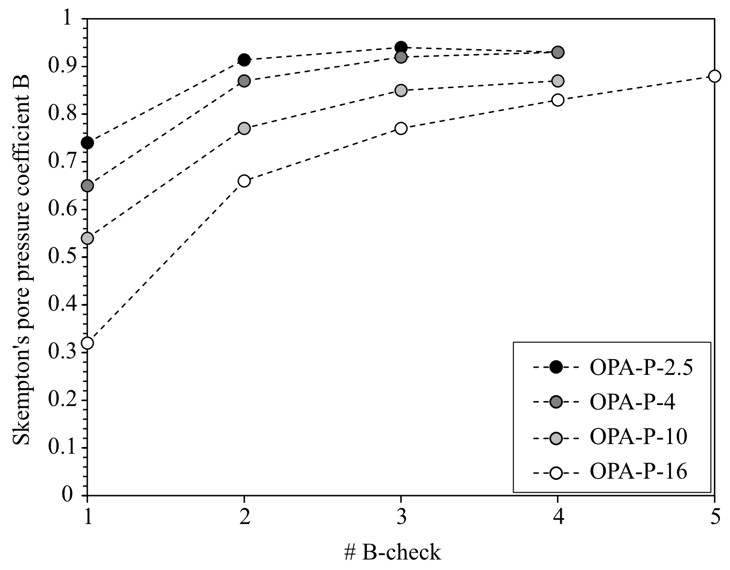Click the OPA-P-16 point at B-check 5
[714, 76]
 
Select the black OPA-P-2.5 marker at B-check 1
[87, 143]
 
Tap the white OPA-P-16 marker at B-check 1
[87, 343]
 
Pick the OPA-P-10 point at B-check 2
[244, 128]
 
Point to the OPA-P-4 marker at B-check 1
[87, 186]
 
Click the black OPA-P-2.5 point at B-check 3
[401, 47]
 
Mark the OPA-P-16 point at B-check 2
[244, 181]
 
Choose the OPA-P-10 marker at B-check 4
[558, 81]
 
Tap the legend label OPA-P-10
[638, 437]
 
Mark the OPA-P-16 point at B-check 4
[558, 100]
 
